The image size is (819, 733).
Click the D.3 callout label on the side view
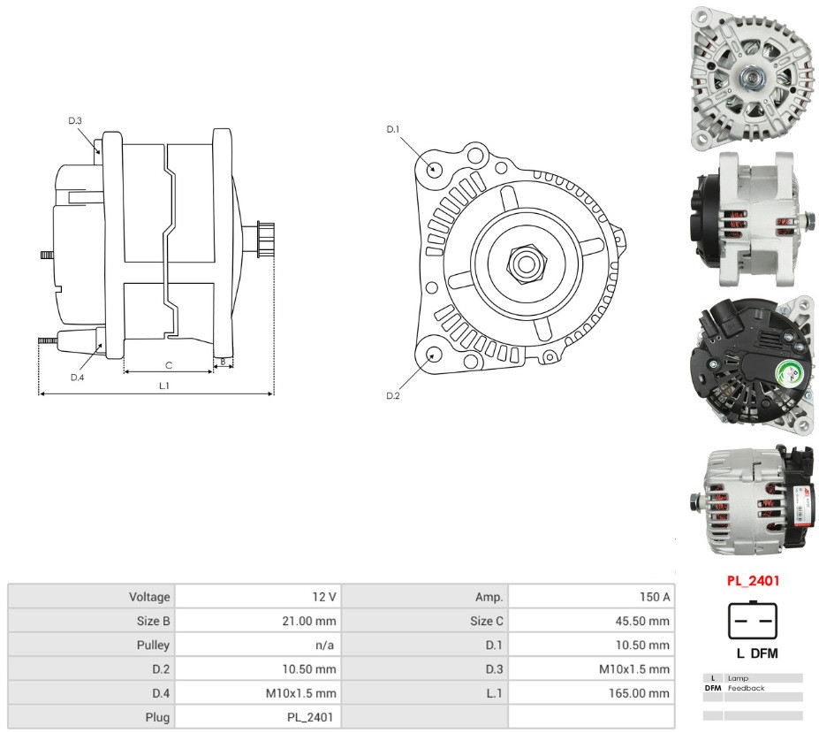[x=75, y=121]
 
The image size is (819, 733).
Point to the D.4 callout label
[x=77, y=378]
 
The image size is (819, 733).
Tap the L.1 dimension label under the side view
[x=164, y=386]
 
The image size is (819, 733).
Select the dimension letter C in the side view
[x=168, y=365]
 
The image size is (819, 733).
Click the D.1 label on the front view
[x=393, y=129]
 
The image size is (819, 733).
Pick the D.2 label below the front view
[x=393, y=396]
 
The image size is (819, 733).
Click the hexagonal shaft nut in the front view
[x=526, y=263]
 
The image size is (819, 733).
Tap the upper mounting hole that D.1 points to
[x=433, y=170]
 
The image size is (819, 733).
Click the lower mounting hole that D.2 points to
[x=434, y=354]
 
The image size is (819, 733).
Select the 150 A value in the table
[x=655, y=597]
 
